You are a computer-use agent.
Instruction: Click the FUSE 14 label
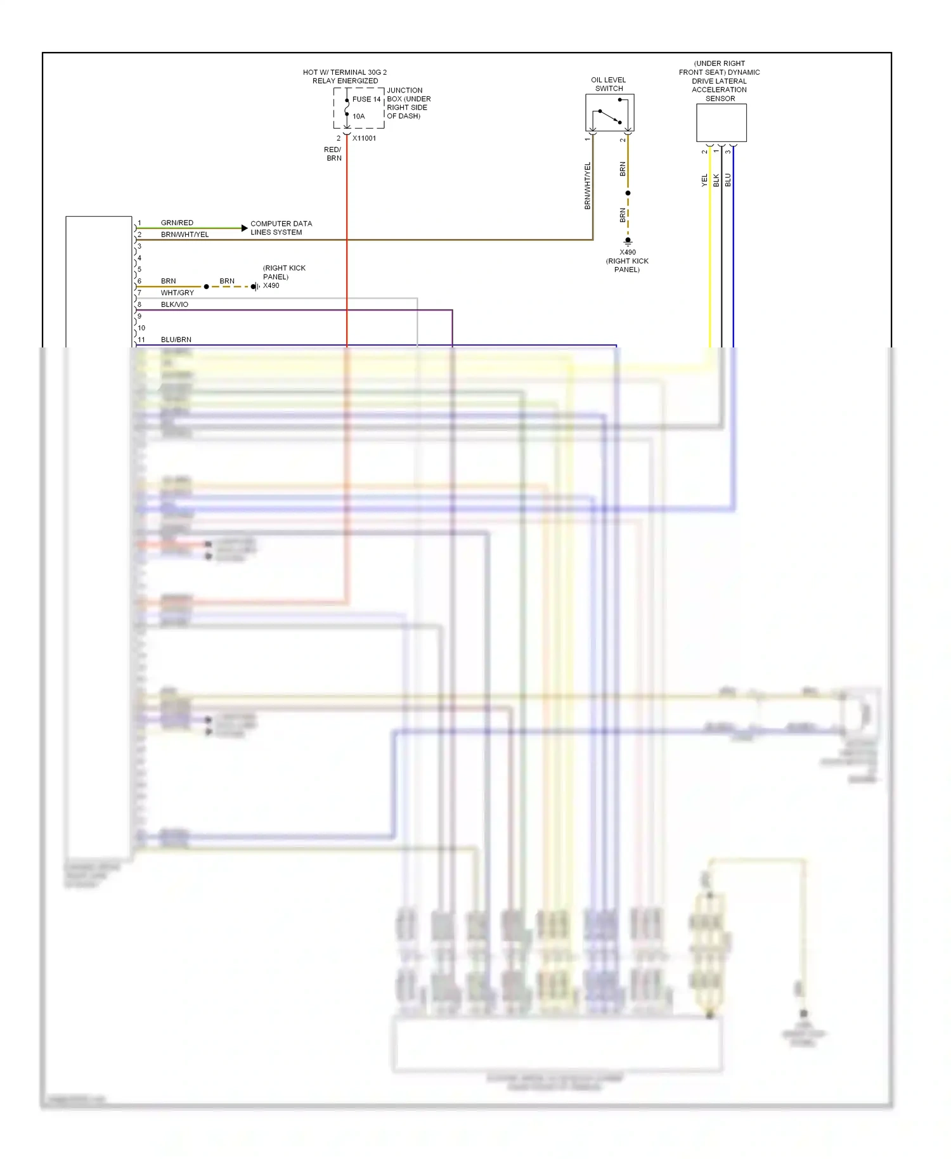(366, 100)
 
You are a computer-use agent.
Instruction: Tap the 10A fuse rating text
(358, 117)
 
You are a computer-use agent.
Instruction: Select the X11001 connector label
(364, 138)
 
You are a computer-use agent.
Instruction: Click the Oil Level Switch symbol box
(609, 113)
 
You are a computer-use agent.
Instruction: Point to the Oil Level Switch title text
(608, 84)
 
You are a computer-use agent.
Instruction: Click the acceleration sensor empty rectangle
(721, 122)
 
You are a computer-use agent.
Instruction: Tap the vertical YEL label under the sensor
(704, 180)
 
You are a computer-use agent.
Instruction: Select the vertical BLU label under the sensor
(728, 180)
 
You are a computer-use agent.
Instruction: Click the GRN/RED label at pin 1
(177, 223)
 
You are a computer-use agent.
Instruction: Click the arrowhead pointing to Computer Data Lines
(244, 228)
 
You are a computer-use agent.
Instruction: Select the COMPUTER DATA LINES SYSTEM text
(280, 228)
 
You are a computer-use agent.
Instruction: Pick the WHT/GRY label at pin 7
(177, 293)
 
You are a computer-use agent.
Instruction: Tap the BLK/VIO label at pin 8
(174, 305)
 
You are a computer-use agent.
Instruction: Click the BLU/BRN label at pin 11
(176, 340)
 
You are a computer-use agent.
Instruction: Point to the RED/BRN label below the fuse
(333, 154)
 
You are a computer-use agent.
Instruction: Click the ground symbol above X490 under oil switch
(628, 242)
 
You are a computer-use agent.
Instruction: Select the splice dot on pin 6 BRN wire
(206, 287)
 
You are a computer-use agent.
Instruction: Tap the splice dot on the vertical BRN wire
(628, 193)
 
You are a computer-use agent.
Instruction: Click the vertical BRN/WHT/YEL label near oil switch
(587, 186)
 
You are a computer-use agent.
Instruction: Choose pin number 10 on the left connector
(141, 328)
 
